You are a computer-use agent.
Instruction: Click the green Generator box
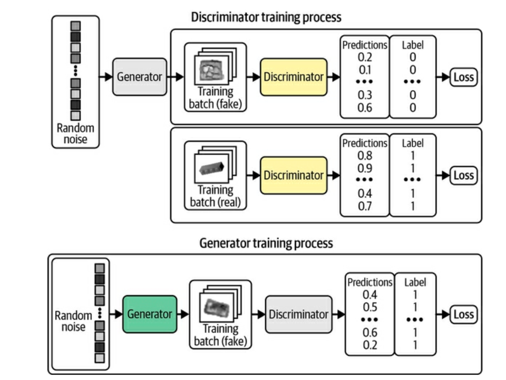[x=150, y=314]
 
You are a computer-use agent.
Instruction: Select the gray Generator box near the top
[x=139, y=77]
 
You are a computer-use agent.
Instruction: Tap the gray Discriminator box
[x=298, y=314]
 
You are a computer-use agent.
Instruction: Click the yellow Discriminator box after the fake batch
[x=294, y=77]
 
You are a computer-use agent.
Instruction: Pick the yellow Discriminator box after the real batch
[x=294, y=175]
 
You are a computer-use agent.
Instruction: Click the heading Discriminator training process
[x=266, y=17]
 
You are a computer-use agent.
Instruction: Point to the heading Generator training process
[x=266, y=243]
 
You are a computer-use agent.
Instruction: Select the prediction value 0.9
[x=365, y=167]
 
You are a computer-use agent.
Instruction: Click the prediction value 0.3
[x=365, y=96]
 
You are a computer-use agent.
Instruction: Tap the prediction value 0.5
[x=369, y=307]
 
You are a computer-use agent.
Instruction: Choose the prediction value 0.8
[x=365, y=156]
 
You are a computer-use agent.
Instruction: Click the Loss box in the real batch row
[x=463, y=175]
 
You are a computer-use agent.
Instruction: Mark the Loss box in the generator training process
[x=463, y=315]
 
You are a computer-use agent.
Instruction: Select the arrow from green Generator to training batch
[x=183, y=314]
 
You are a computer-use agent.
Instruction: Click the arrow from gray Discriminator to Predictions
[x=338, y=315]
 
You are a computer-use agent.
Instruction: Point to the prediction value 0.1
[x=365, y=70]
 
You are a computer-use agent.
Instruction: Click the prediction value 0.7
[x=365, y=205]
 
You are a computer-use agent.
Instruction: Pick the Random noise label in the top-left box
[x=75, y=134]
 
